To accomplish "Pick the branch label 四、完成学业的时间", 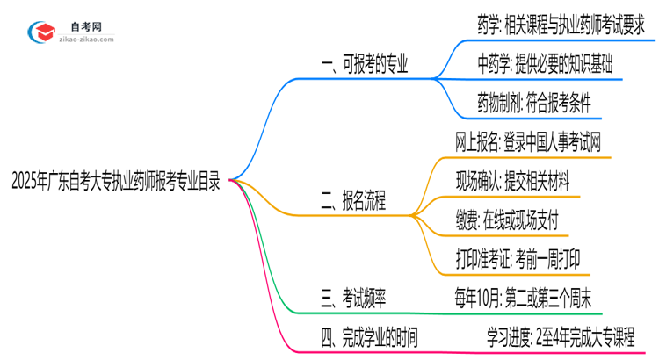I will tap(370, 338).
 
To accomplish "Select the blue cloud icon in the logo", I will tap(43, 32).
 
